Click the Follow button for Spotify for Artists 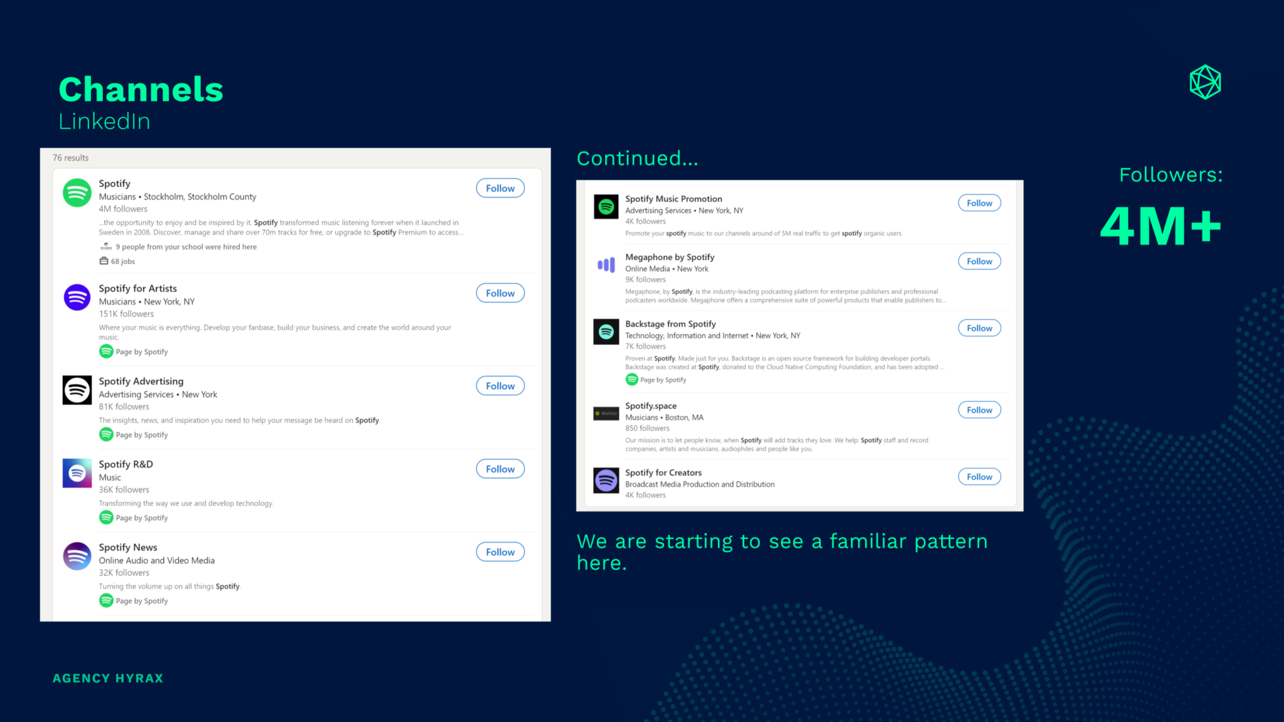pos(500,293)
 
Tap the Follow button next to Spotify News pos(500,552)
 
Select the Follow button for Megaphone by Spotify pos(979,261)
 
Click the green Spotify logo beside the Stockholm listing pos(77,192)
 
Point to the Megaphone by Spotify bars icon pos(606,265)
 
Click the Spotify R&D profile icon pos(77,473)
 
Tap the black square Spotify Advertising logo pos(77,390)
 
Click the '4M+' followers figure pos(1161,226)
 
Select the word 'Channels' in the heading pos(141,89)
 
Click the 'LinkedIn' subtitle pos(105,122)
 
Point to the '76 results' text pos(71,158)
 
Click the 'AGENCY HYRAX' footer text pos(108,678)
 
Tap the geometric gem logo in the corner pos(1205,82)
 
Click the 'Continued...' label pos(637,159)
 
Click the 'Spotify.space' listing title pos(651,405)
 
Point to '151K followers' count pos(126,314)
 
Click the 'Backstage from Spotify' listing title pos(670,324)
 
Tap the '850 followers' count pos(647,429)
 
